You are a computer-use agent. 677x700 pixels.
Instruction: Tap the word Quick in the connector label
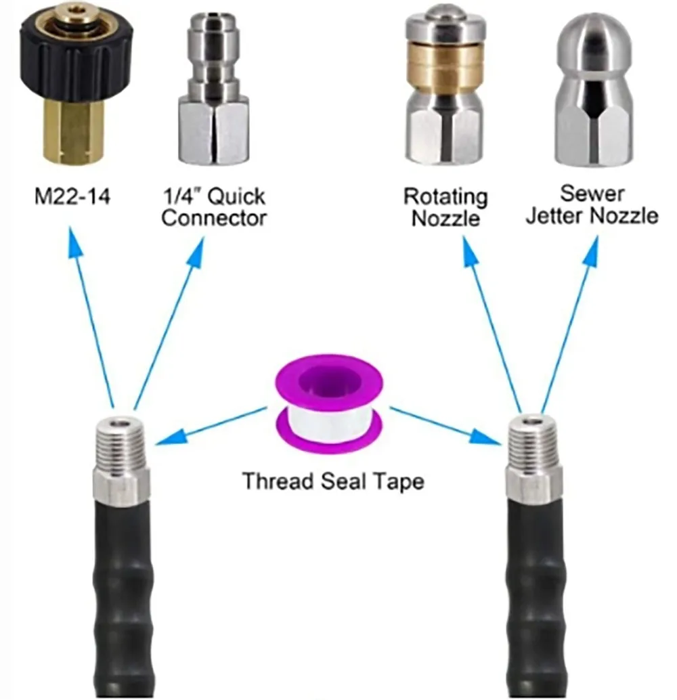236,197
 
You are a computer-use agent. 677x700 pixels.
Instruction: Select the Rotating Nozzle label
445,207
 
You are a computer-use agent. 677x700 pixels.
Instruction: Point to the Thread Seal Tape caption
333,481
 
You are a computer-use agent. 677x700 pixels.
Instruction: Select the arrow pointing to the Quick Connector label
170,318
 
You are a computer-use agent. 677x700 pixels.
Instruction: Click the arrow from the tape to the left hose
209,424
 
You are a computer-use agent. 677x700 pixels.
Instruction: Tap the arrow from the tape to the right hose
447,424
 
